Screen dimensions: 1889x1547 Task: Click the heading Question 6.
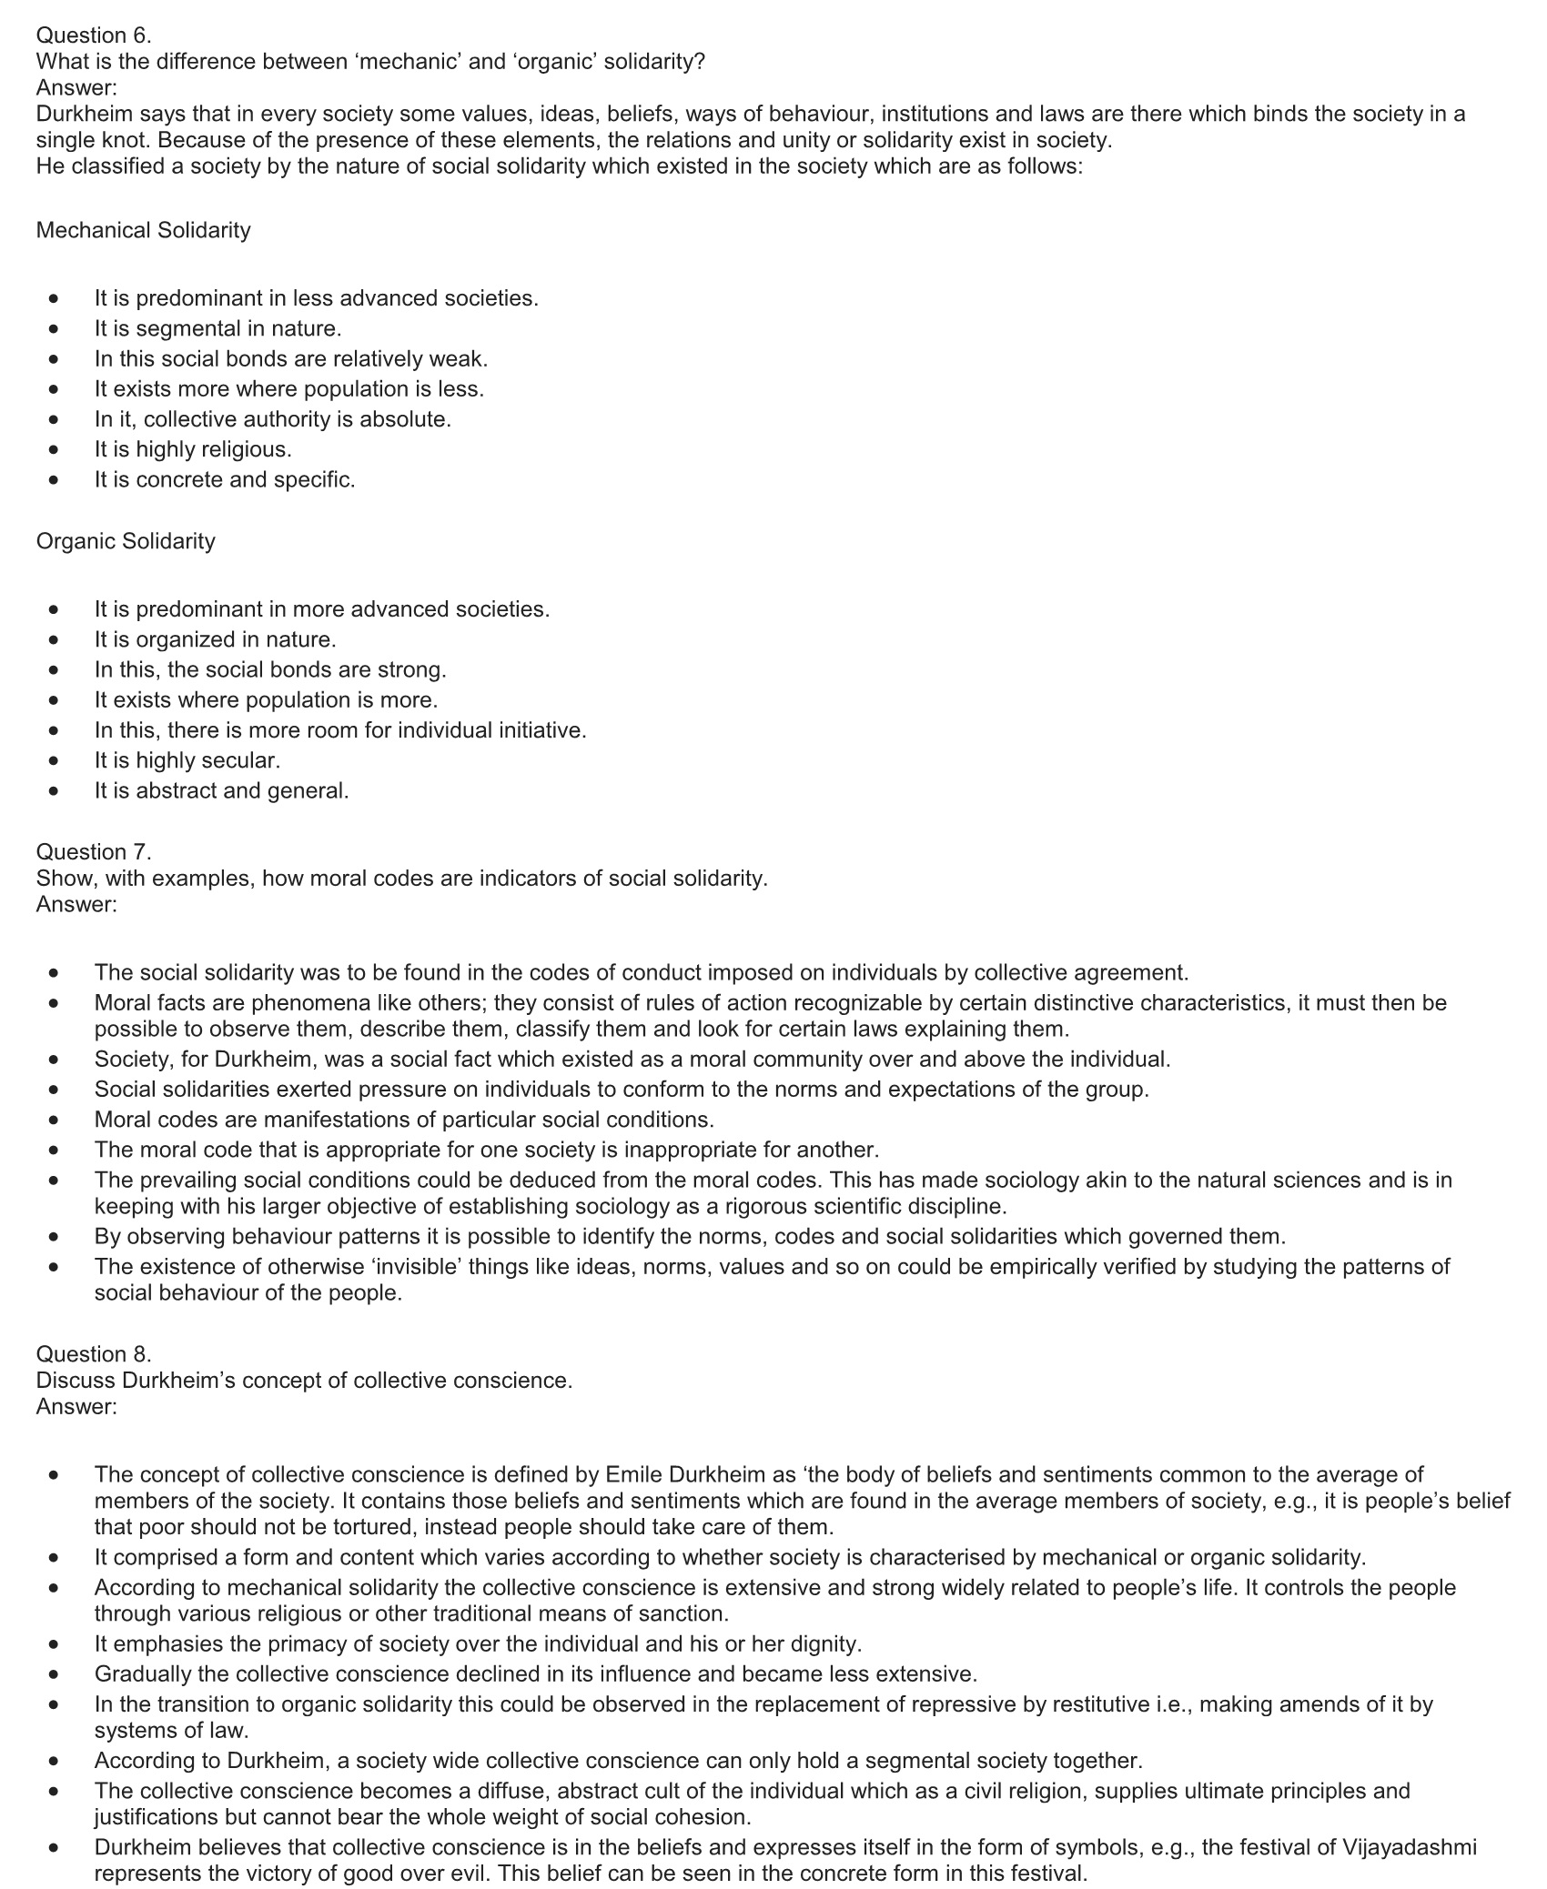[x=94, y=35]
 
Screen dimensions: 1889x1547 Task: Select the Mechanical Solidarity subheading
[x=143, y=230]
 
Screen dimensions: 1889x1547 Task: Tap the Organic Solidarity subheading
[x=126, y=541]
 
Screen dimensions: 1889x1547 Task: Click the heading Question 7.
[x=94, y=852]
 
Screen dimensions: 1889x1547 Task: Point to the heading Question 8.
[x=94, y=1353]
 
